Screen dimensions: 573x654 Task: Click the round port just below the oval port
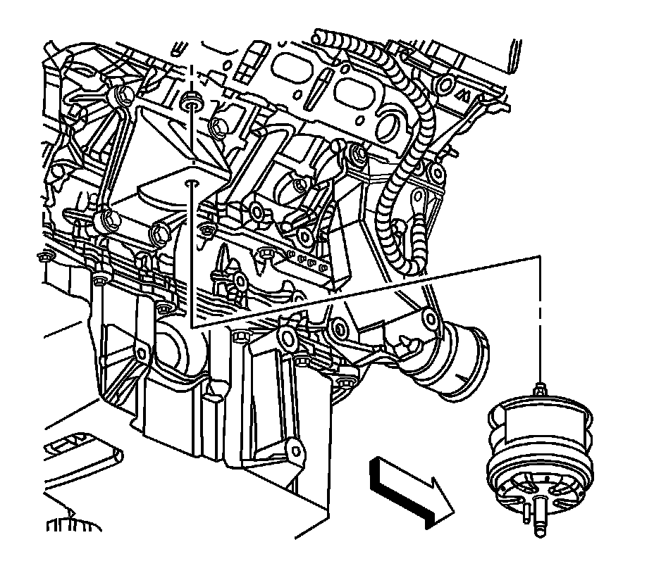pyautogui.click(x=389, y=129)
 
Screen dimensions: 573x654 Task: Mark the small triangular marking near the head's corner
pyautogui.click(x=462, y=94)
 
